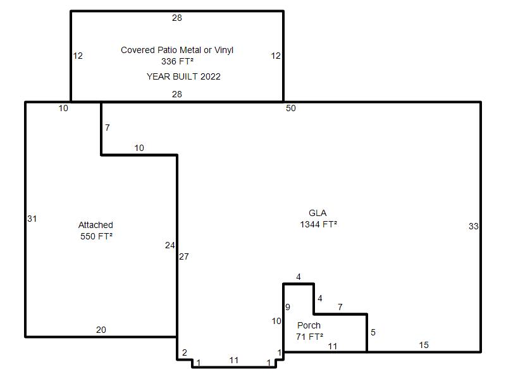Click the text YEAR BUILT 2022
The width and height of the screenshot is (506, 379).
coord(183,76)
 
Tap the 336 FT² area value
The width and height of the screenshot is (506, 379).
coord(177,61)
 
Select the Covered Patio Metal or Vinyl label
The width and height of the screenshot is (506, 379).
coord(177,50)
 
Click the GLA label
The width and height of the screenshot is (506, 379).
coord(318,213)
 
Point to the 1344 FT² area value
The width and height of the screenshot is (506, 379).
coord(319,224)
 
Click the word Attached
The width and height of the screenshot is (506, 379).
coord(96,225)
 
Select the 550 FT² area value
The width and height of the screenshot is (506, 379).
coord(96,236)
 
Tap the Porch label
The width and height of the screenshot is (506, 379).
coord(309,325)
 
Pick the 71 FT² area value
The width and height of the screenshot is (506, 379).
coord(309,337)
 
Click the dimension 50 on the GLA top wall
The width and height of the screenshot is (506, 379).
coord(291,108)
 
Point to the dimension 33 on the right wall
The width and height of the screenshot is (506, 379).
coord(473,226)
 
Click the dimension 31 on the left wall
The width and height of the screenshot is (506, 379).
coord(32,219)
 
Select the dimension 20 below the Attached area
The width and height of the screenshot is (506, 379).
coord(101,330)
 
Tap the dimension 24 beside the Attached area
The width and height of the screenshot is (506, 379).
coord(170,246)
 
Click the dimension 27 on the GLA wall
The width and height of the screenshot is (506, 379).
coord(184,256)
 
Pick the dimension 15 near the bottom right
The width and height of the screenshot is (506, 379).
coord(424,345)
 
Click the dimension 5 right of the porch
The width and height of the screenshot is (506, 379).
coord(373,332)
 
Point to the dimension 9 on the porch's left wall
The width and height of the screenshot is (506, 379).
coord(288,307)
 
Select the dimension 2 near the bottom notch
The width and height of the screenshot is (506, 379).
coord(184,352)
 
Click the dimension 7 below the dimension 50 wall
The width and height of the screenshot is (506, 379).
coord(108,128)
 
